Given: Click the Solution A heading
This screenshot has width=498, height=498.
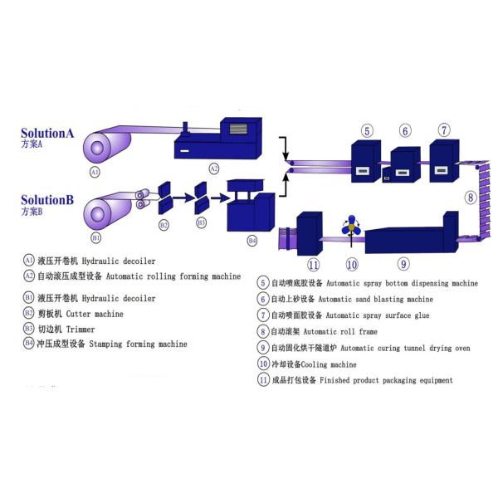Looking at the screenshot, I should coord(47,133).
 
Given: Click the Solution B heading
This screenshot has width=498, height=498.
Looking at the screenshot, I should coord(47,200).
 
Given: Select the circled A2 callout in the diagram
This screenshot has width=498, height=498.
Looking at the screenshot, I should coord(213,168).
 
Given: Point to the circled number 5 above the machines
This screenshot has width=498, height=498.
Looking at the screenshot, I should coord(367,130).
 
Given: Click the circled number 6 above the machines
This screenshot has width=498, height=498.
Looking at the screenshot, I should coord(405,130).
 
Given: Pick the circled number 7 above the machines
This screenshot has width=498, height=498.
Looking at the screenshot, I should coord(444,130).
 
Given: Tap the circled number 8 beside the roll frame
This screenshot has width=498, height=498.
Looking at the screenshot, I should coord(470,198).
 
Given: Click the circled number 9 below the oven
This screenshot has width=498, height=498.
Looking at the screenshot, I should coord(403,265).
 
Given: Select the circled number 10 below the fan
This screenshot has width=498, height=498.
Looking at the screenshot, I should coord(352,265).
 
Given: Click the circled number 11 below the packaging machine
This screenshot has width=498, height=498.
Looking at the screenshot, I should coord(313,265).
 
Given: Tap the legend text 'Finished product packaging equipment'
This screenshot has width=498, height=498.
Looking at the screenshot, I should coord(384,380).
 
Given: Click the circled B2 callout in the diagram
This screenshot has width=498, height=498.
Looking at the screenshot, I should coord(164,225).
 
